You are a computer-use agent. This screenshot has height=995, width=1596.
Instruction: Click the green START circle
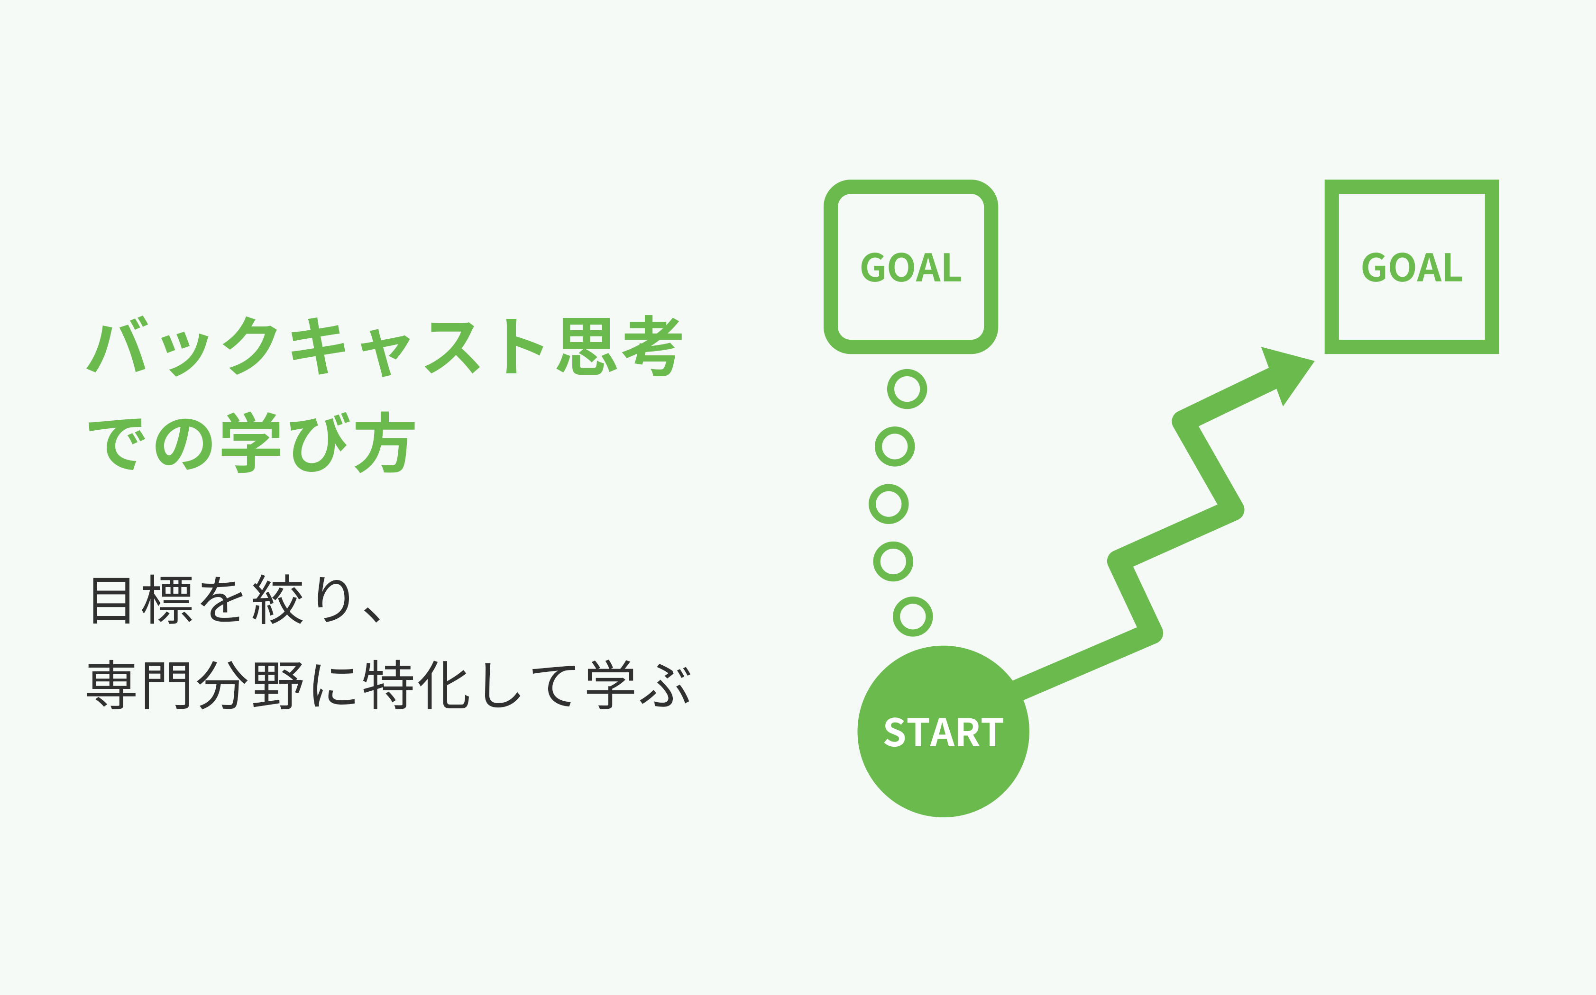943,732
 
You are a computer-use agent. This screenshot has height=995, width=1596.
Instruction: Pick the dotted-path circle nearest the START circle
913,616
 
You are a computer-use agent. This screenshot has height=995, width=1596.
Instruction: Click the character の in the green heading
183,444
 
